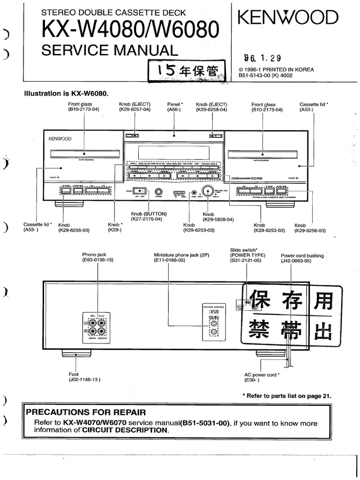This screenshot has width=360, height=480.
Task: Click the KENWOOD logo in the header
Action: point(288,18)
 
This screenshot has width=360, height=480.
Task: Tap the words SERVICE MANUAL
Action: point(110,50)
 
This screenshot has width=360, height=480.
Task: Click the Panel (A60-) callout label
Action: point(175,107)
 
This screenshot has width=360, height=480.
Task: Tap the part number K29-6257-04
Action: point(135,109)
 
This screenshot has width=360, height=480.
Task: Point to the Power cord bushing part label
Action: point(302,258)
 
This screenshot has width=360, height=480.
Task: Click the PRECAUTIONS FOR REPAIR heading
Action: point(86,412)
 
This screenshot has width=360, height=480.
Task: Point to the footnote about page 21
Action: point(286,396)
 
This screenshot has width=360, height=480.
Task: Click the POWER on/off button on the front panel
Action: point(139,191)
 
